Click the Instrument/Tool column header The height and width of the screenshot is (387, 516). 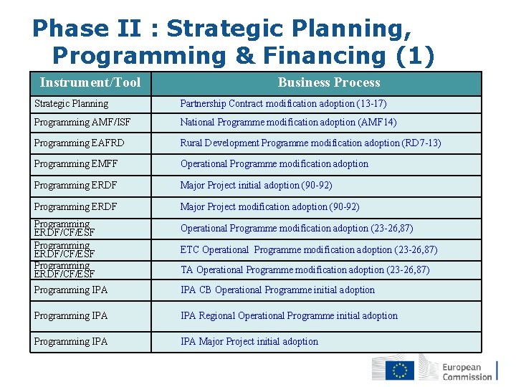90,82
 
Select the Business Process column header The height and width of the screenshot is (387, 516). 329,82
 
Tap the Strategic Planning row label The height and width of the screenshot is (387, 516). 72,104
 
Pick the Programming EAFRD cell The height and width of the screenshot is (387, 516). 79,143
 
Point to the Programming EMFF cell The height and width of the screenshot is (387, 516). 76,164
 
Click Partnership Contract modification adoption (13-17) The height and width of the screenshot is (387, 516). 283,104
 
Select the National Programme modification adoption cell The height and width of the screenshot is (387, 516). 288,123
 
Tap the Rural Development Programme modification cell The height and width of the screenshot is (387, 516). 310,143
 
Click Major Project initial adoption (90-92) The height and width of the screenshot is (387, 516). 256,186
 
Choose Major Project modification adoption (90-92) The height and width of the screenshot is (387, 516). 269,207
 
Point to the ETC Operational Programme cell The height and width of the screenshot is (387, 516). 309,250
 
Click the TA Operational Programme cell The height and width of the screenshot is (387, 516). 305,270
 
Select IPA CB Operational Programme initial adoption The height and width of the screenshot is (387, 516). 277,290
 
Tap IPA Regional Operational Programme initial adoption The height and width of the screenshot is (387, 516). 289,316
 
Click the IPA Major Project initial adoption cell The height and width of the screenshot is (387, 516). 249,342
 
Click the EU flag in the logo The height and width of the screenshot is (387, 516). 400,370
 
